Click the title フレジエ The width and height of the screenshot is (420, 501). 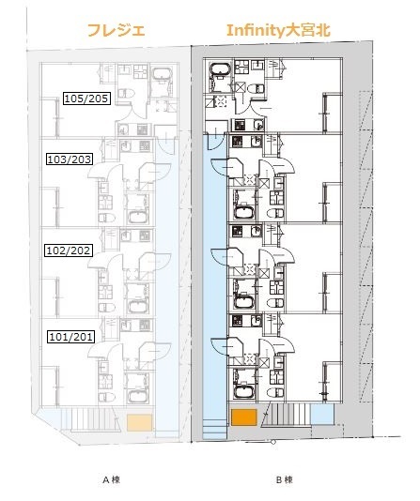(x=115, y=31)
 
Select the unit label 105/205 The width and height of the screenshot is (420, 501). (x=85, y=99)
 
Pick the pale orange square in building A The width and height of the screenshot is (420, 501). (x=139, y=423)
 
